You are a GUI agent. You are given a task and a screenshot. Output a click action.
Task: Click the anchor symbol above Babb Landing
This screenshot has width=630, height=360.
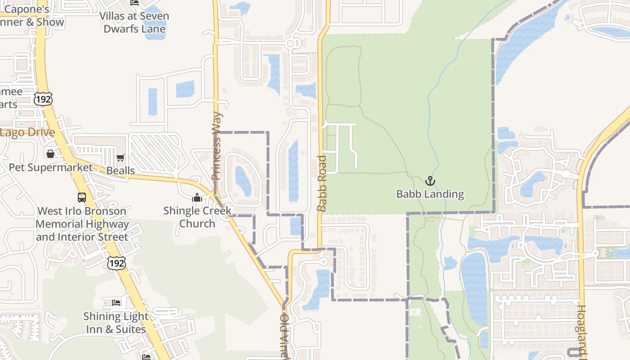coord(430,181)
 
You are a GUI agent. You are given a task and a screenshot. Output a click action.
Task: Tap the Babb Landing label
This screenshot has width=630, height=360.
coord(430,194)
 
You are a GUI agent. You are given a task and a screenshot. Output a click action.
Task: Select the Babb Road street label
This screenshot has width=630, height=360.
coord(321,183)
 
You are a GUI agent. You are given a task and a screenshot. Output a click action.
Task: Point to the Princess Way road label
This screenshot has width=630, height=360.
coord(217,146)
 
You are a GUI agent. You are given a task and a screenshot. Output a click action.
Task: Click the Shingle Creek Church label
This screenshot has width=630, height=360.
coord(197,217)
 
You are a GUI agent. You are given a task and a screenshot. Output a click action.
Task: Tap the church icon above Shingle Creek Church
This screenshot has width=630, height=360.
coord(197,198)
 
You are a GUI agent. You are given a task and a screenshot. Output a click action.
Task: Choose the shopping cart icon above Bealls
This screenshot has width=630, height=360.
coord(120,158)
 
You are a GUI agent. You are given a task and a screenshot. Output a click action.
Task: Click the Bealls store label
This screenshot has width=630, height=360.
coord(120,171)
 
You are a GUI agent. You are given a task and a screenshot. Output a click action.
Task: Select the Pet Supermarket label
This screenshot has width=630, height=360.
coord(51,167)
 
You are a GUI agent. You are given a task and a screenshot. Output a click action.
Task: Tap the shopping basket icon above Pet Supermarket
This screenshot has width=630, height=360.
coord(50,154)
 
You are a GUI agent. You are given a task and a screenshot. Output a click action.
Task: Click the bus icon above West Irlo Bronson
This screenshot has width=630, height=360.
coord(82,197)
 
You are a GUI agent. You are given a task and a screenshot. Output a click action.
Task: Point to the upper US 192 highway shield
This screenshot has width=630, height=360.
coord(43,99)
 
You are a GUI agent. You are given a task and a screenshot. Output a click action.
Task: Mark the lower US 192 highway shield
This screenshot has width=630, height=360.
coord(116,263)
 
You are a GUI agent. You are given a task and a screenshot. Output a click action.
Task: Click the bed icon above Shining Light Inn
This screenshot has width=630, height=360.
coord(116,302)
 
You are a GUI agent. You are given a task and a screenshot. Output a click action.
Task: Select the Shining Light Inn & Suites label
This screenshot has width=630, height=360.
coord(116,323)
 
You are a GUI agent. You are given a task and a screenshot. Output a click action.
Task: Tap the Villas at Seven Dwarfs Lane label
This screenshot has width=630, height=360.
coord(134,22)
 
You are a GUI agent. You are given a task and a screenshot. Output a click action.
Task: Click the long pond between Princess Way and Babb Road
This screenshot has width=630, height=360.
coord(293,171)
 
